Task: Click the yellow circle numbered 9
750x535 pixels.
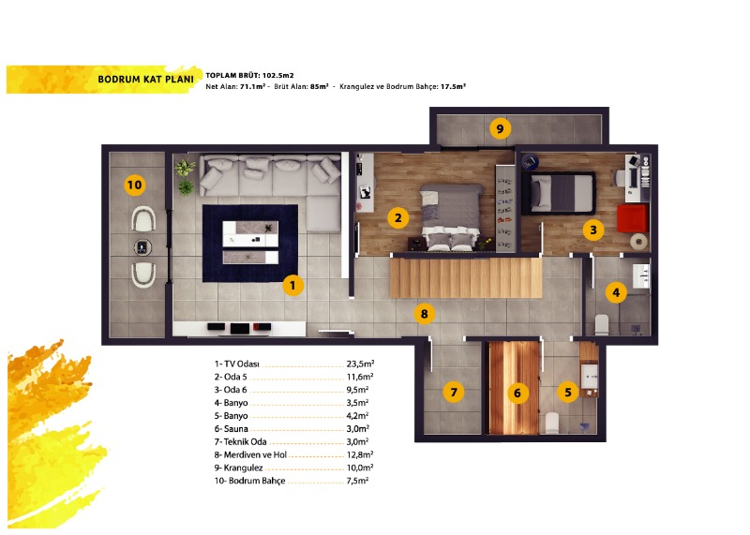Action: click(x=500, y=128)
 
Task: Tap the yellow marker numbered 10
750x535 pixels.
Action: click(x=134, y=185)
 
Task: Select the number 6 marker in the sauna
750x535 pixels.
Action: click(x=517, y=393)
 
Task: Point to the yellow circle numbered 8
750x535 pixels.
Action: click(x=425, y=314)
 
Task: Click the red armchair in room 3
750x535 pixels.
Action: click(x=632, y=218)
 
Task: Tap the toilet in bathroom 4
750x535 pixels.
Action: click(x=602, y=324)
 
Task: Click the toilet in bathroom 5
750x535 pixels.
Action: click(x=552, y=424)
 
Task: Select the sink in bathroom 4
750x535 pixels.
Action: click(x=641, y=276)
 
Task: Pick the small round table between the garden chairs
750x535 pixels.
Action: click(x=142, y=247)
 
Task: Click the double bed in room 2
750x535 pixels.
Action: click(x=451, y=218)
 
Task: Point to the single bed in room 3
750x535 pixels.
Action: click(x=559, y=194)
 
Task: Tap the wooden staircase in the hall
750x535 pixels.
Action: click(x=466, y=277)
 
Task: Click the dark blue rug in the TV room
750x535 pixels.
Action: click(x=250, y=244)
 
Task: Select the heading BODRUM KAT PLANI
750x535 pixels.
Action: click(x=146, y=80)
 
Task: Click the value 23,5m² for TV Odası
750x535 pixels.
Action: click(x=360, y=364)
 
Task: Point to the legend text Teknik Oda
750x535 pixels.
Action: click(x=240, y=441)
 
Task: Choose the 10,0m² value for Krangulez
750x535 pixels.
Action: click(x=360, y=468)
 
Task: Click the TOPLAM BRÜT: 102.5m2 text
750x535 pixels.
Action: click(x=249, y=75)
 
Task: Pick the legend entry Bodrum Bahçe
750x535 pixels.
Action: click(x=249, y=481)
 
